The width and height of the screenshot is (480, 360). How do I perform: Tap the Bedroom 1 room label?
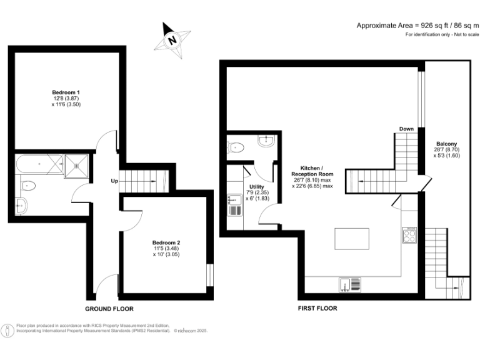click(x=66, y=92)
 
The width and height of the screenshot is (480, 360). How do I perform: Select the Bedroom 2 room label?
click(x=166, y=242)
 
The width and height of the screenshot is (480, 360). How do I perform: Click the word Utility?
click(x=256, y=186)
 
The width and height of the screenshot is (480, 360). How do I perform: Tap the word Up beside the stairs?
click(x=114, y=181)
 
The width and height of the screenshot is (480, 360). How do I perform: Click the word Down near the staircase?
click(x=407, y=129)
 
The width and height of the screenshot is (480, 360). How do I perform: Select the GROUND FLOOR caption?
click(x=109, y=309)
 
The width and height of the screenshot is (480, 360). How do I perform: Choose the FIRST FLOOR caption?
click(x=318, y=309)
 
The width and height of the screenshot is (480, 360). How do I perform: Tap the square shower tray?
click(x=76, y=165)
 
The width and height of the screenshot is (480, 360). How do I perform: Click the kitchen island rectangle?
click(x=352, y=239)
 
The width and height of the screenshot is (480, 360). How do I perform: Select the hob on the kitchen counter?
click(x=410, y=234)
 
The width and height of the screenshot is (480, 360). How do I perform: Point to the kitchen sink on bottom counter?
click(x=350, y=284)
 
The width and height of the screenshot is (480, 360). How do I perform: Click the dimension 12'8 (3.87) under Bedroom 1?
click(x=66, y=98)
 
